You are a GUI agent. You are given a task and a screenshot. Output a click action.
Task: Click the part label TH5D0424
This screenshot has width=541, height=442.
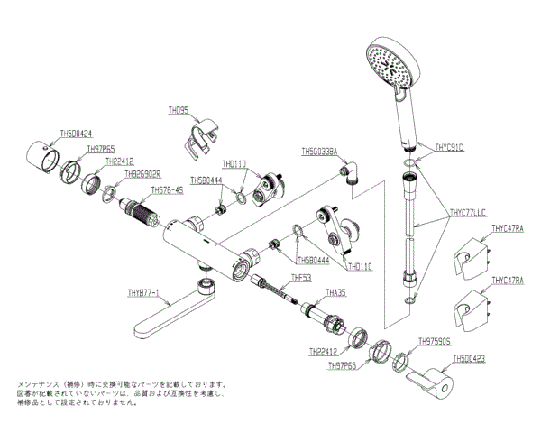coord(76,133)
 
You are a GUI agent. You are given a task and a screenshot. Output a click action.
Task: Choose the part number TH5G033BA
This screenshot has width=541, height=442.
coord(319,152)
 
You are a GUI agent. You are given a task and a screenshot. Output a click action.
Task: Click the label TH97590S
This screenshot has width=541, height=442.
coord(435,342)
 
